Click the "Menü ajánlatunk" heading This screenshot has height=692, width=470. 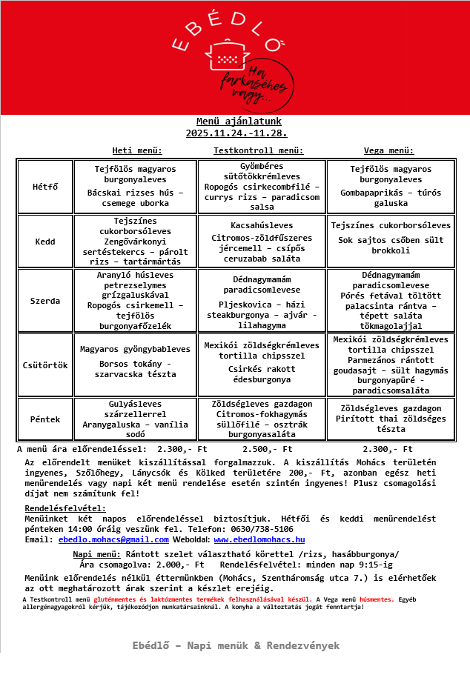click(x=239, y=122)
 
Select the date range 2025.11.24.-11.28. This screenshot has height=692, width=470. click(x=236, y=133)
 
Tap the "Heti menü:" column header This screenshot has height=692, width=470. click(x=137, y=150)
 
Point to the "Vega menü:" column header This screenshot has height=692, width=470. click(x=388, y=150)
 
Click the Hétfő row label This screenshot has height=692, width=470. click(x=45, y=187)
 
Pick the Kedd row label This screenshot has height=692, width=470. click(x=45, y=242)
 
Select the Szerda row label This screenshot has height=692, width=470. click(x=45, y=301)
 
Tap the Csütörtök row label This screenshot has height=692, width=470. click(x=45, y=365)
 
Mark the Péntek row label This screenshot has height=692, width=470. click(x=45, y=419)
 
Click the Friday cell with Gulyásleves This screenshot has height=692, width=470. click(x=135, y=419)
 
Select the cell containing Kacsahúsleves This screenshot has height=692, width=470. click(x=262, y=242)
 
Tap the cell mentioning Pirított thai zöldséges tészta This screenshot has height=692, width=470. click(x=391, y=419)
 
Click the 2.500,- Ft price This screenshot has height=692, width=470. click(x=268, y=449)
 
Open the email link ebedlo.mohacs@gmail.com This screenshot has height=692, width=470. click(x=113, y=539)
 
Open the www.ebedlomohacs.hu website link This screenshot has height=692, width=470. click(x=259, y=539)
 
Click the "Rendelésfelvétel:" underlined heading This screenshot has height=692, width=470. click(x=65, y=508)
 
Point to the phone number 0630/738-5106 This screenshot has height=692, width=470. click(x=263, y=529)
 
